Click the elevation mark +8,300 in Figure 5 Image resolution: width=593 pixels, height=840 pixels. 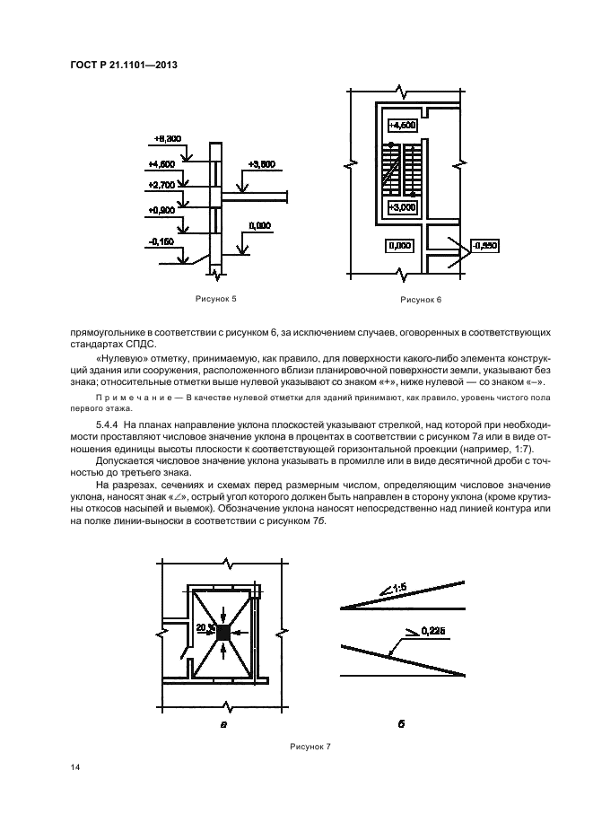click(168, 138)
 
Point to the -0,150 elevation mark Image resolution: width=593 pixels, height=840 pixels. click(163, 241)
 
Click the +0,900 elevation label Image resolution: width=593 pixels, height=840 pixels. click(162, 209)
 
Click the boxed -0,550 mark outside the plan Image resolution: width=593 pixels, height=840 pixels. click(484, 244)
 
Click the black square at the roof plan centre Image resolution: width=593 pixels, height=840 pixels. click(222, 633)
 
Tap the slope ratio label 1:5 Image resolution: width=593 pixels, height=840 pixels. click(399, 589)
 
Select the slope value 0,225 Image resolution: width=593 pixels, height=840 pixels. click(433, 632)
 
